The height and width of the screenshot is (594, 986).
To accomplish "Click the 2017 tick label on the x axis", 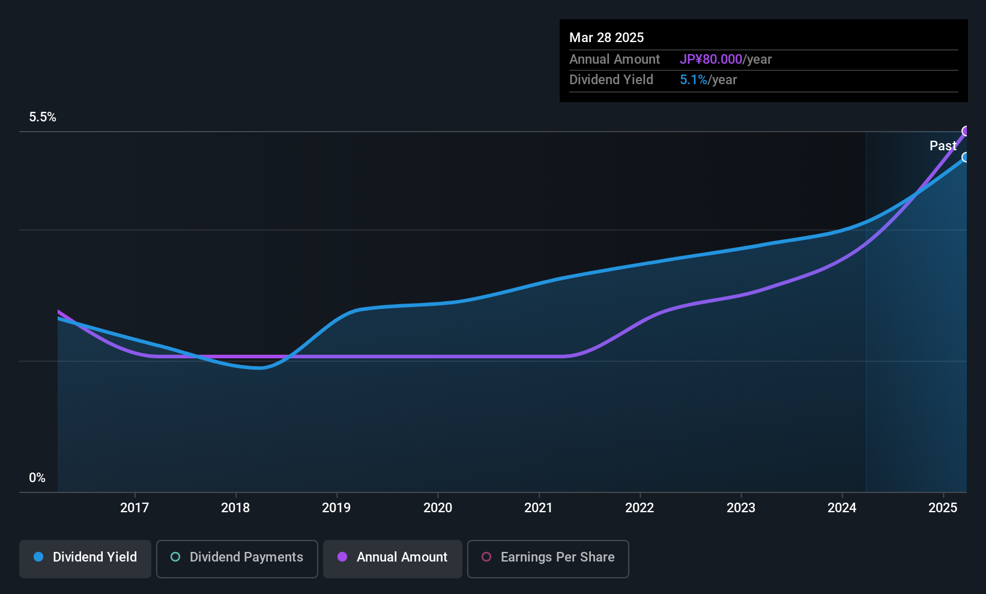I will click(134, 508).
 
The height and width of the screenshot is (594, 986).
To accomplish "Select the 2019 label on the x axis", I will click(336, 508).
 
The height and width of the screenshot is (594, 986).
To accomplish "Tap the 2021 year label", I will click(538, 508).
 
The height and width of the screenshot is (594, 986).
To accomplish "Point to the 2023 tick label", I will click(740, 508).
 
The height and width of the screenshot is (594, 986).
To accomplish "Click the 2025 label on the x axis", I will click(943, 508).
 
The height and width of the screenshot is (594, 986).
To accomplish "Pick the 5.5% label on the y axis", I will click(43, 117).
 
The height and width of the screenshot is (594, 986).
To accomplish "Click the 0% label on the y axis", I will click(37, 478).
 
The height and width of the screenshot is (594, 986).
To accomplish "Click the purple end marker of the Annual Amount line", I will click(966, 131).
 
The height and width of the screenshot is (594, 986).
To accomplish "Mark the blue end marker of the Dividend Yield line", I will click(966, 158).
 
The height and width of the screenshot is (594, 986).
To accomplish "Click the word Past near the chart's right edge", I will click(942, 146).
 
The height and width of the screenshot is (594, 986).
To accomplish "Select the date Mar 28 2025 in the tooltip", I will click(606, 38).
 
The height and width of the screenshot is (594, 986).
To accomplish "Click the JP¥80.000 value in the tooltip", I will click(711, 60).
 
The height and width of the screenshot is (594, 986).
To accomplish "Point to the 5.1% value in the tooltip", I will click(694, 80).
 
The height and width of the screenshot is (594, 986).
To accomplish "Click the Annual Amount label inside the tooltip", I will click(614, 60).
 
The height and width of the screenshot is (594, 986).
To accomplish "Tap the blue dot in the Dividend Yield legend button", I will click(38, 557).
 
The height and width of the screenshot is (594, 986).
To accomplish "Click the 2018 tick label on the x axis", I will click(235, 508).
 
